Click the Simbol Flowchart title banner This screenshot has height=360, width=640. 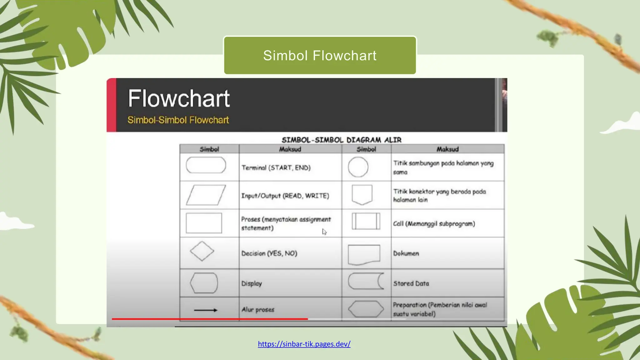coord(320,56)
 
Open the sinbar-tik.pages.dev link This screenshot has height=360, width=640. coord(304,344)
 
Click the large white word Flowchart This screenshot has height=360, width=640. coord(179,98)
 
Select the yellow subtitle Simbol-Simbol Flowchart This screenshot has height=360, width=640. coord(178,120)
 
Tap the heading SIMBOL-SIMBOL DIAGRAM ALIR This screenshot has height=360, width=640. coord(342,140)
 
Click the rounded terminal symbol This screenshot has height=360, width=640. coord(206,165)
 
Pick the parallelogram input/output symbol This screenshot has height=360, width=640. coord(206,195)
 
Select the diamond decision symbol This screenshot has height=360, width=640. coord(202,251)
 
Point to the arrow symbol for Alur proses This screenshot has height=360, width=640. coord(205,310)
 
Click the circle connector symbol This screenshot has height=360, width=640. coord(358,167)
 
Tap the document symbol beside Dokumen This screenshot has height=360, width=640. coord(364,254)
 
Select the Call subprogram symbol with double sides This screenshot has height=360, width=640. coord(366,221)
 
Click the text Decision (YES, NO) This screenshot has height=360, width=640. coord(269,253)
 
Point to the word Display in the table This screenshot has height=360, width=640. coord(252,283)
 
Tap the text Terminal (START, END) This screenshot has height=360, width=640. coord(276,168)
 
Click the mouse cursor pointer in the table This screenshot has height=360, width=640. coord(324,232)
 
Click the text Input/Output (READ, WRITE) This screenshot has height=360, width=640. coord(285,196)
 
